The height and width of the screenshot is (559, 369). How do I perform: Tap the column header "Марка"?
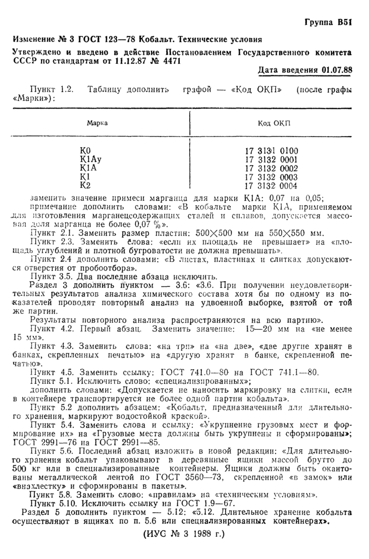coord(98,122)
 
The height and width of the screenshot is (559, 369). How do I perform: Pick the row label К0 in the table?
coord(84,151)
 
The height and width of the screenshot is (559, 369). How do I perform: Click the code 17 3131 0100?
coord(271,151)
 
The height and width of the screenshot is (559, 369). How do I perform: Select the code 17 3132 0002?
coord(271,168)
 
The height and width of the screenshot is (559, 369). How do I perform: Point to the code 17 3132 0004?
coord(271,186)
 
